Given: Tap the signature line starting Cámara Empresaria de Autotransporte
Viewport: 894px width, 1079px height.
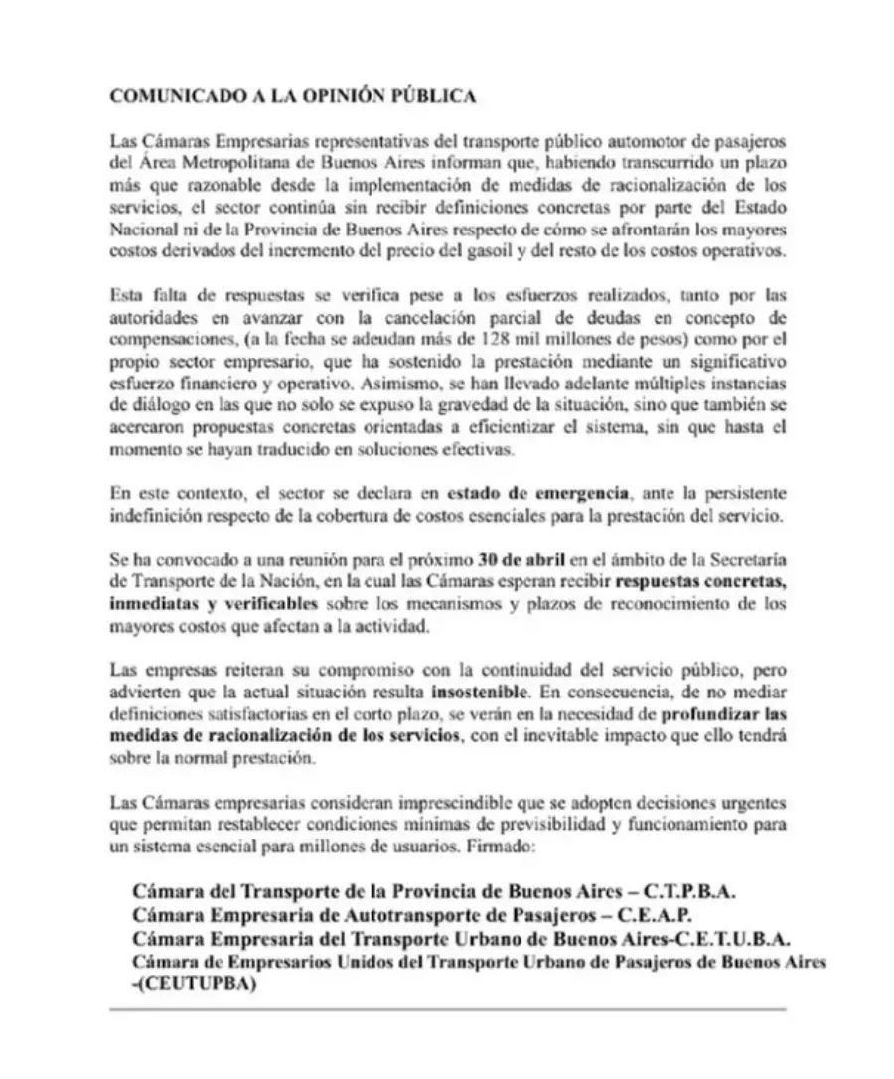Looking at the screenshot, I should pyautogui.click(x=412, y=914).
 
